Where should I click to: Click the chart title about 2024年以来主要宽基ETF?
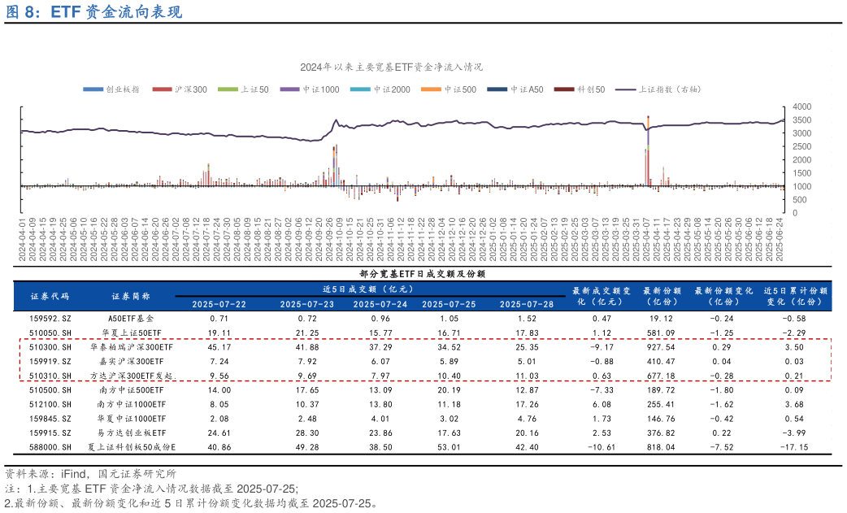391,67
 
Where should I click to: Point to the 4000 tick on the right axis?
801,107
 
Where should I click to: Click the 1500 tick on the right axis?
801,173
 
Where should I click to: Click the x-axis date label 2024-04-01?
23,239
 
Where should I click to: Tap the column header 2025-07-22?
219,304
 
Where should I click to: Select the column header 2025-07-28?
526,304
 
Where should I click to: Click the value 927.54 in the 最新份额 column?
659,347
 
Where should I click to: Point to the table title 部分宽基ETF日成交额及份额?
422,274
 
